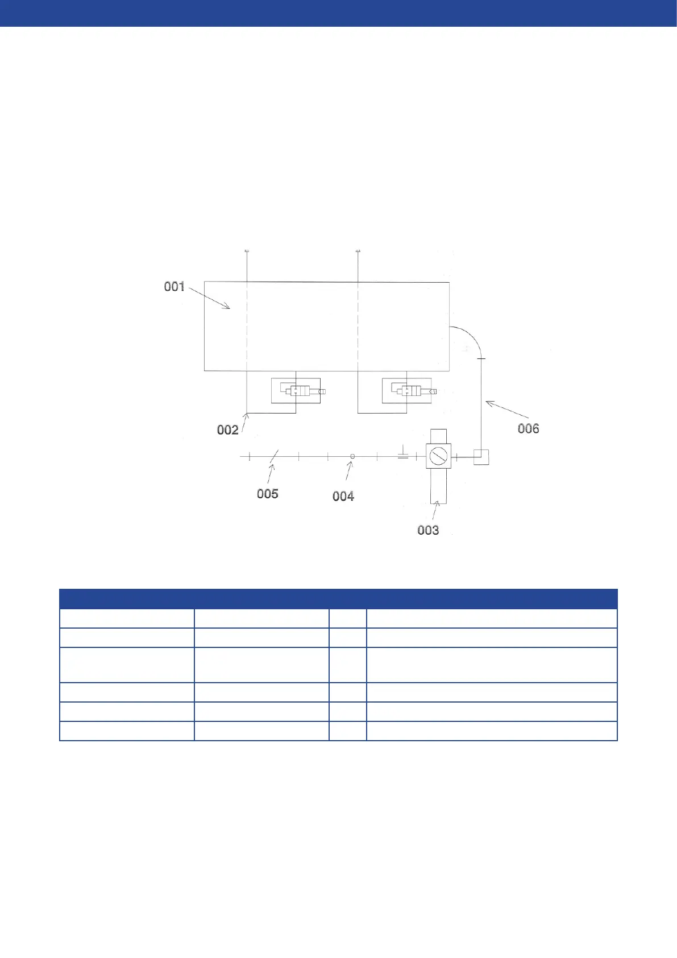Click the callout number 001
click(175, 287)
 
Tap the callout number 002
click(228, 430)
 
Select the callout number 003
click(428, 530)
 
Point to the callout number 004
click(343, 496)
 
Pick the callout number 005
click(268, 494)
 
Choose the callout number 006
click(528, 428)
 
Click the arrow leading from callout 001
click(209, 298)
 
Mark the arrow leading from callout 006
click(507, 409)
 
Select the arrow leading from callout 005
click(271, 474)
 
